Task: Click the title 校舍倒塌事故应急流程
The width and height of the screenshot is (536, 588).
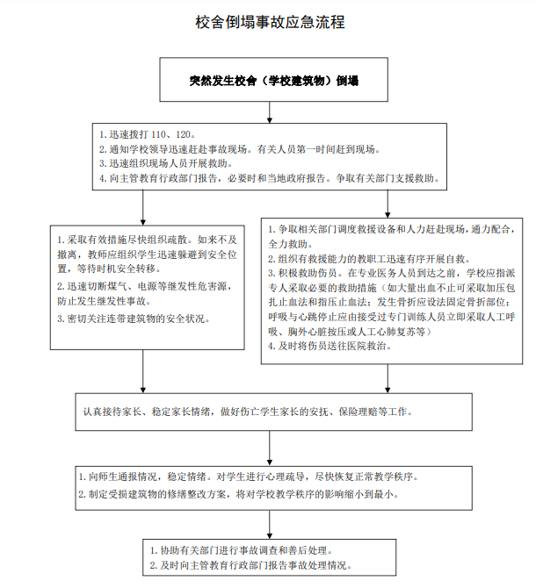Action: tap(270, 22)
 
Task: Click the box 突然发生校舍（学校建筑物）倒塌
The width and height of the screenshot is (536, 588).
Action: tap(273, 80)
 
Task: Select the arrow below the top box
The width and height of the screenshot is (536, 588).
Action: tap(270, 112)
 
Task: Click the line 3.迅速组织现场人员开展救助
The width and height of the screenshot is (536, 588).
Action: tap(166, 163)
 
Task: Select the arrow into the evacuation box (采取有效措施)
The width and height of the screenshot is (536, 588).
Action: tap(142, 207)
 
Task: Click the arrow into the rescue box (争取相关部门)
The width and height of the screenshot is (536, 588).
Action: tap(388, 204)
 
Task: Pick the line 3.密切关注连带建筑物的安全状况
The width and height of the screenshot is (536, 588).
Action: tap(134, 319)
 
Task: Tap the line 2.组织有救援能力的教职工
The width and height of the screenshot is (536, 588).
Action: tap(370, 259)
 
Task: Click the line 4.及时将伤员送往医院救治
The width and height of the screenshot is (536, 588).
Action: tap(330, 346)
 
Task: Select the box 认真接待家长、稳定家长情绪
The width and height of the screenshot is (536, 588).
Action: tap(273, 412)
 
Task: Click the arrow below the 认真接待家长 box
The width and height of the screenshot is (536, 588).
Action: tap(270, 448)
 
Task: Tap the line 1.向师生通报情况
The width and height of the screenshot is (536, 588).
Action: tap(249, 477)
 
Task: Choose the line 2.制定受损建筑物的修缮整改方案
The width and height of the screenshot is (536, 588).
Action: tap(239, 494)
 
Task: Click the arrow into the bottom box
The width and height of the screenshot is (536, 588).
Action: tap(270, 525)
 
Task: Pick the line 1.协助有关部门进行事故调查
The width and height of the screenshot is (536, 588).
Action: tap(242, 550)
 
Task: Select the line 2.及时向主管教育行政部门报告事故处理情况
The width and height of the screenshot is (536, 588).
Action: tap(251, 565)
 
